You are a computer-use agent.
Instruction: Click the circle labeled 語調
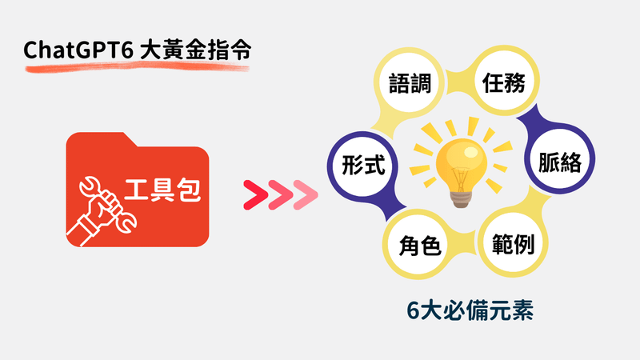tap(410, 83)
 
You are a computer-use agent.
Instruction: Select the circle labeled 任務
tap(504, 82)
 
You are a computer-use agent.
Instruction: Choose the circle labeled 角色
tap(418, 244)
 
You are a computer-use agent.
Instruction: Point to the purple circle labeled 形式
tap(363, 166)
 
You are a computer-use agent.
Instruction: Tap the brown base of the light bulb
tap(462, 200)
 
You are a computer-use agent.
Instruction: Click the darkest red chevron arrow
tap(255, 194)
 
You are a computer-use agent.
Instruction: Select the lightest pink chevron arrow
tap(306, 194)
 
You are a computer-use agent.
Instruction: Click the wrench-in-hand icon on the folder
tap(102, 211)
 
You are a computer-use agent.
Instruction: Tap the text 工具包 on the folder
tap(162, 190)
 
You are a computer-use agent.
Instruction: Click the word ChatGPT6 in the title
tap(78, 50)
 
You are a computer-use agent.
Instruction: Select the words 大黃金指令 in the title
tap(195, 50)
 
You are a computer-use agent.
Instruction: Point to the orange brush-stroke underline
tap(137, 67)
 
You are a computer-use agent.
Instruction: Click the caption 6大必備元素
tap(470, 310)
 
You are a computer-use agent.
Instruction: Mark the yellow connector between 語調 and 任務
tap(457, 82)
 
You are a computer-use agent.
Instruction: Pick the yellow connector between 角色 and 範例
tap(466, 244)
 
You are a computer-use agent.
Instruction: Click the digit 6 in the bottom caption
tap(413, 311)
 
